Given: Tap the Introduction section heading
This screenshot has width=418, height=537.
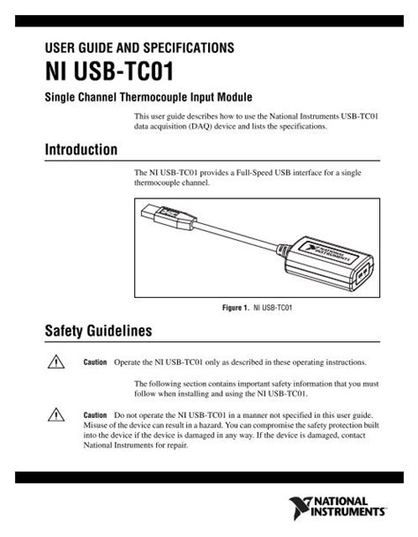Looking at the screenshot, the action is tap(81, 149).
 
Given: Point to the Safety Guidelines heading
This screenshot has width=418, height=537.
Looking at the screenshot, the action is tap(98, 332).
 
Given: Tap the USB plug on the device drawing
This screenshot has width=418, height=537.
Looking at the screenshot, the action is tap(163, 214).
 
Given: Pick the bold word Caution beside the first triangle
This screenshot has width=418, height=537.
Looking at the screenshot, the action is tap(95, 362).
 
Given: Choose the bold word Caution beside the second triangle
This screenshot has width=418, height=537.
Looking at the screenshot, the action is tap(95, 414).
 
